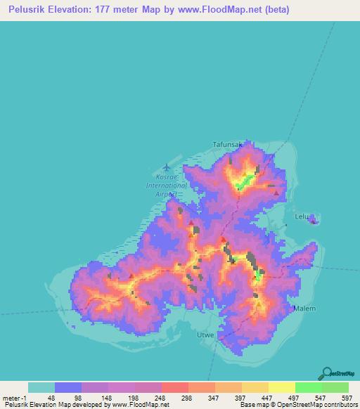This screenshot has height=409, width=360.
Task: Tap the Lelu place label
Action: (x=302, y=216)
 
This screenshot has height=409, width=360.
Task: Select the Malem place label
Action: (x=304, y=308)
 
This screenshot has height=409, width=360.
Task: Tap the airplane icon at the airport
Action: (x=166, y=167)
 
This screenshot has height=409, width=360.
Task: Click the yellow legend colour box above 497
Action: (x=281, y=387)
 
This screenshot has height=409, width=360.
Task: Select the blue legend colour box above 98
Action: (x=68, y=387)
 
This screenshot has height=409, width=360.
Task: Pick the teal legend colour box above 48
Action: (x=41, y=387)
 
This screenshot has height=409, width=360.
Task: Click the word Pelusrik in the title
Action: (x=29, y=10)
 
